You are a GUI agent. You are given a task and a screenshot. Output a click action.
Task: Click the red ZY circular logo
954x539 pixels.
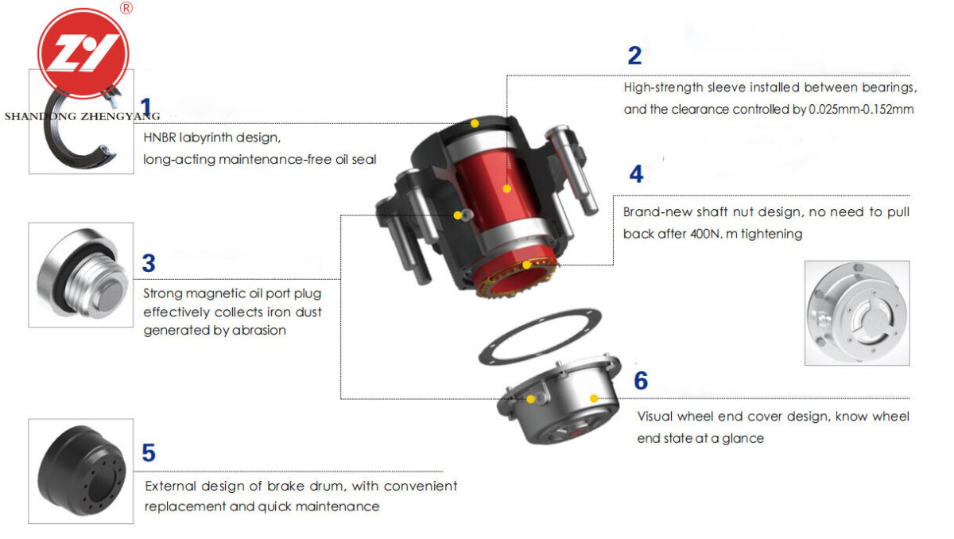click(83, 53)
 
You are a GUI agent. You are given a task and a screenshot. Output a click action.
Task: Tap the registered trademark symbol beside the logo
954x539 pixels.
click(126, 8)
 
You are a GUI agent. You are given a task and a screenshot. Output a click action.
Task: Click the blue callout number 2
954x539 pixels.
click(634, 56)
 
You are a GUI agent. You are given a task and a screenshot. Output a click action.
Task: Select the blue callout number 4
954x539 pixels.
click(636, 174)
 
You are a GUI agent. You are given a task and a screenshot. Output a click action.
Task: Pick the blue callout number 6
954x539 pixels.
click(641, 380)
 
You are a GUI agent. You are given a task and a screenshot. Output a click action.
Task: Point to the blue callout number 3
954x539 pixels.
click(149, 262)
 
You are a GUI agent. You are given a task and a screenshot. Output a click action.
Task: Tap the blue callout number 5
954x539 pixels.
click(149, 452)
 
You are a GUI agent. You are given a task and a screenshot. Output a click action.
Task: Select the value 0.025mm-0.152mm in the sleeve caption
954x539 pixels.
click(861, 110)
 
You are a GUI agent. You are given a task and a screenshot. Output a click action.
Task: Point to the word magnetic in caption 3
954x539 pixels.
click(216, 294)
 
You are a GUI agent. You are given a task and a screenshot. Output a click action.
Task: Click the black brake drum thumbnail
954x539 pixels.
click(81, 471)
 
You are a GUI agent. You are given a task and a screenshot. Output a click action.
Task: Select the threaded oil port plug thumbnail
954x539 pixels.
click(81, 274)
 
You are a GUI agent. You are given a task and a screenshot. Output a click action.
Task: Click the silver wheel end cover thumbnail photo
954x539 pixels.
click(857, 313)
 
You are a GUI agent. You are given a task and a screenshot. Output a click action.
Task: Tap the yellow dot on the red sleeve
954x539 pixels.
click(507, 188)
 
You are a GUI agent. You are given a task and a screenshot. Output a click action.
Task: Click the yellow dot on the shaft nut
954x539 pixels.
click(527, 265)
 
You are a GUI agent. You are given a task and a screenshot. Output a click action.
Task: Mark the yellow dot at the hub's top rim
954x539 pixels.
click(475, 123)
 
